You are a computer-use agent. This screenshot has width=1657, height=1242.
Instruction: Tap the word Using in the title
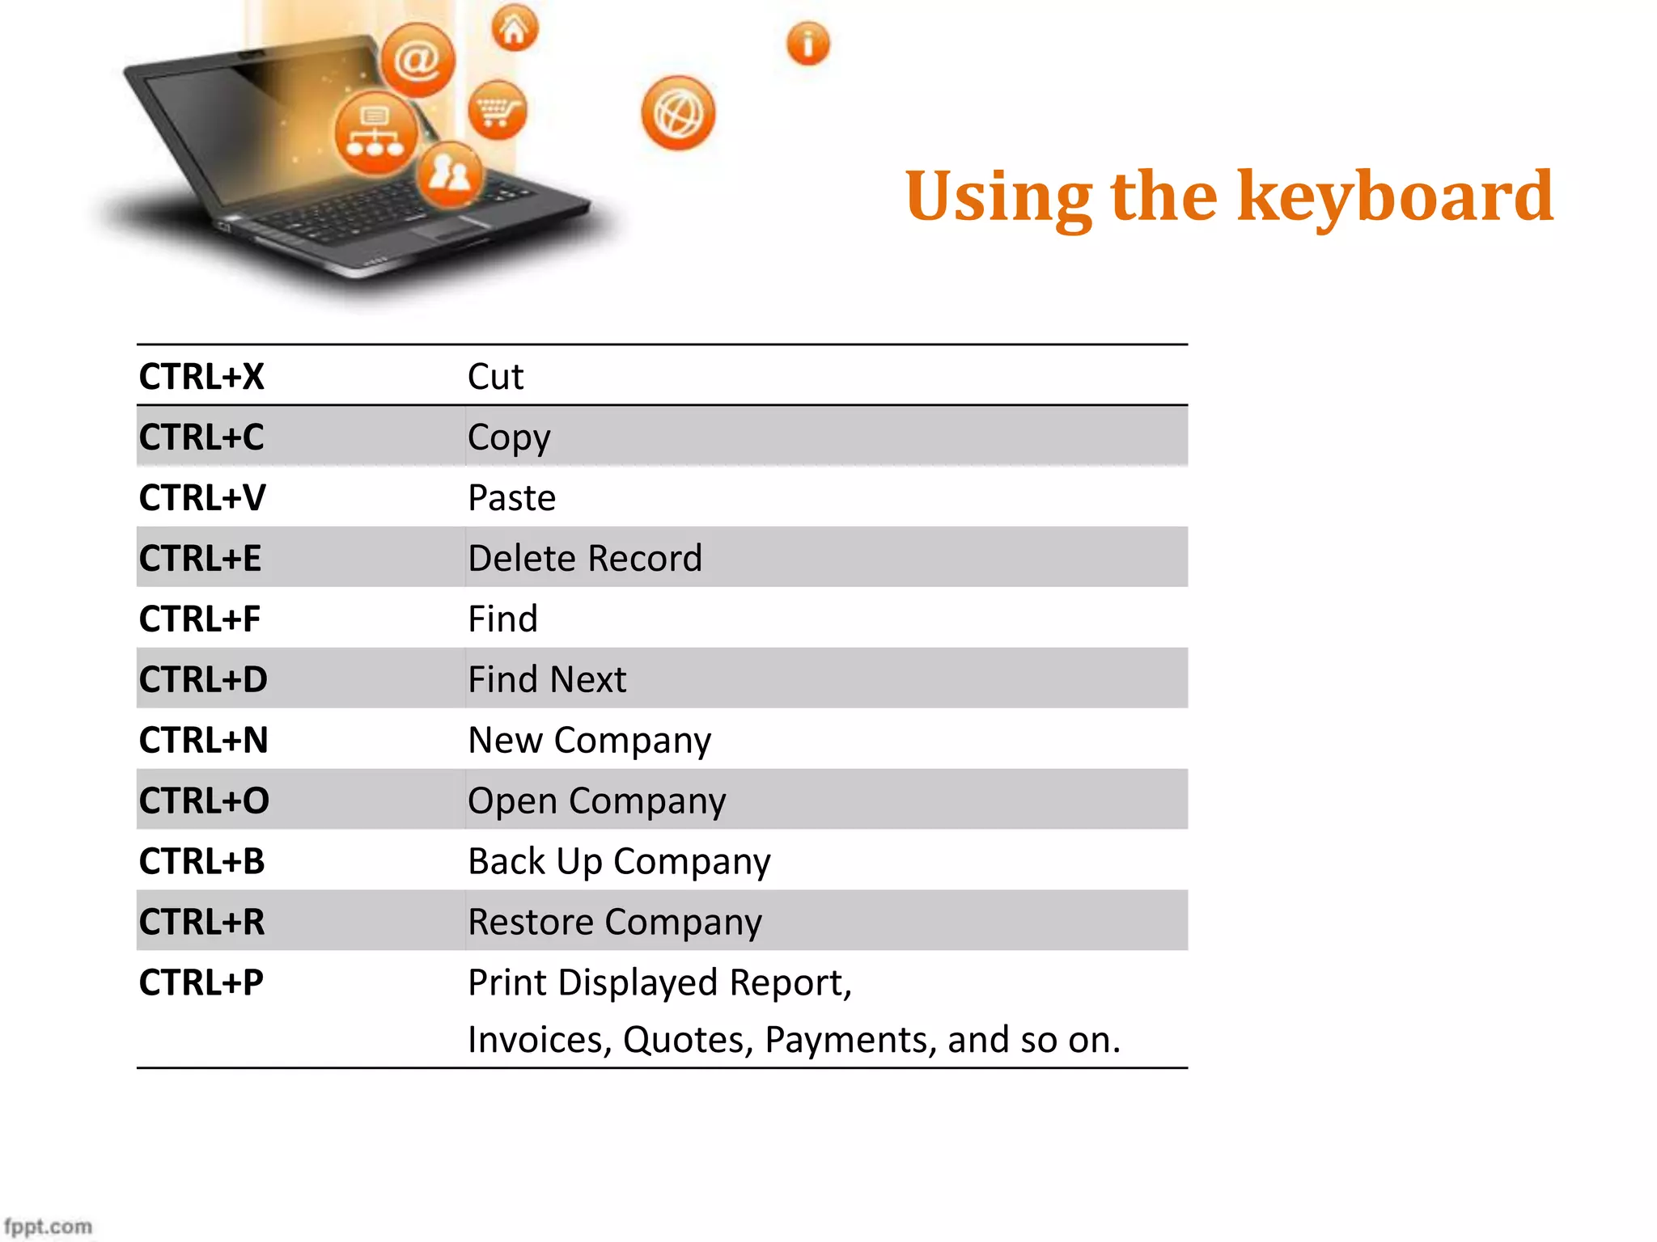pos(998,198)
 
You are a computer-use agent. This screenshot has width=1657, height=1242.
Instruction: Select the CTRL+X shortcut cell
pos(201,377)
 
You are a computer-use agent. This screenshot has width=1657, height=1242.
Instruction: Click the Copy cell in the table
pos(509,437)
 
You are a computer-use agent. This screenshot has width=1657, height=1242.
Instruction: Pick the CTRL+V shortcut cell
pos(202,498)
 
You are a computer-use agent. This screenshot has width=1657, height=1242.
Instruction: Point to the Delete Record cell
pos(584,559)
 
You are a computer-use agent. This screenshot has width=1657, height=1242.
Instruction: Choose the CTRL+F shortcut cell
pos(200,619)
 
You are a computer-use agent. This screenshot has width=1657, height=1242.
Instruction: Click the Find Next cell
pos(547,680)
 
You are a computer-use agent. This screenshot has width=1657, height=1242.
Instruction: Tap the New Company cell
pos(589,741)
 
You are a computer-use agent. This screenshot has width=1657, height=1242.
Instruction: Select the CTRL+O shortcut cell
pos(204,801)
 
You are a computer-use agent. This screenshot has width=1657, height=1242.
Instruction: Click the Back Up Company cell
pos(619,862)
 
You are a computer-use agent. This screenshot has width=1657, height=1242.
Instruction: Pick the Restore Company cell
pos(615,923)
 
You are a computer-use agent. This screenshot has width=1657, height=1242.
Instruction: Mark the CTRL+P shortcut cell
pos(201,983)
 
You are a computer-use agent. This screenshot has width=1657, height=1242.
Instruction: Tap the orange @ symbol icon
pos(417,60)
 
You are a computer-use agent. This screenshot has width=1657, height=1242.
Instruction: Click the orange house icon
pos(515,29)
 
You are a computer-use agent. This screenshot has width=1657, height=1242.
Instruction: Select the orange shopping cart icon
pos(497,110)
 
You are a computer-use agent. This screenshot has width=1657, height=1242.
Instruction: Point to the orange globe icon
pos(678,113)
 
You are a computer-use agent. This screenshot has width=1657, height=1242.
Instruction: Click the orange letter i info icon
pos(807,44)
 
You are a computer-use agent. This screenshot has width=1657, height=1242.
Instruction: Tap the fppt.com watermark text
pos(49,1226)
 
